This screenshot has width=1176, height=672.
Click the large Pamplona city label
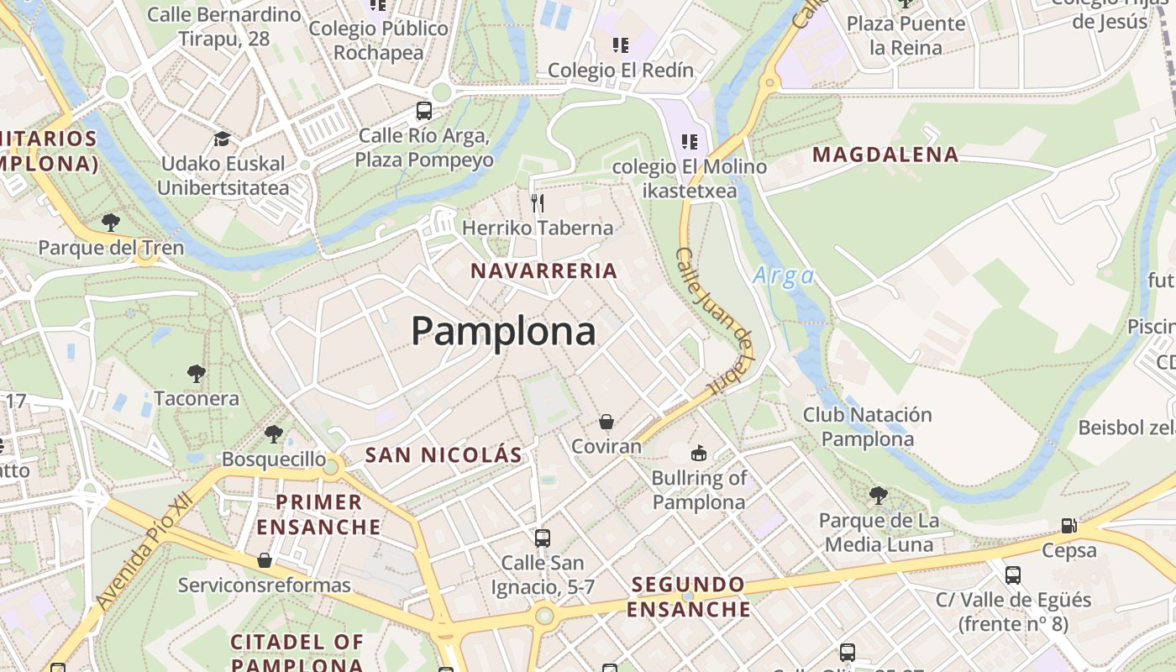(x=503, y=331)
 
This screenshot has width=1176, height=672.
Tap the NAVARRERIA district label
(x=543, y=271)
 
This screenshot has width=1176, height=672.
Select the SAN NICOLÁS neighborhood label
(x=444, y=455)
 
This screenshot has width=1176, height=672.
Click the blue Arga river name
(x=783, y=276)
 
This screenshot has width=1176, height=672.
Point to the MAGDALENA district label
(x=885, y=155)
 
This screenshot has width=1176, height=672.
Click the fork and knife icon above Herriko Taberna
(x=538, y=202)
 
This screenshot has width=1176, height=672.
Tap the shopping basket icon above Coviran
(x=606, y=422)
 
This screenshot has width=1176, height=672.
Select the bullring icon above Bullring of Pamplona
(x=698, y=454)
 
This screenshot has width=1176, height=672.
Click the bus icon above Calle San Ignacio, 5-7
(x=543, y=538)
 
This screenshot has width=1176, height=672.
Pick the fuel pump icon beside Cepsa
(x=1068, y=526)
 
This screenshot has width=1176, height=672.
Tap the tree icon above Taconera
(x=196, y=373)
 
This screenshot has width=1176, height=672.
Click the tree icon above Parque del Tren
(x=110, y=223)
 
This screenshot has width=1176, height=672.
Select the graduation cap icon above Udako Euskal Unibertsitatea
(x=222, y=139)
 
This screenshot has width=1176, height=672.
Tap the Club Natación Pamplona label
(x=867, y=427)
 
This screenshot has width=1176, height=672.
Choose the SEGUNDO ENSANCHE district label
(x=688, y=596)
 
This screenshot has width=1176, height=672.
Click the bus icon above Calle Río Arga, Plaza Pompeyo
(x=424, y=110)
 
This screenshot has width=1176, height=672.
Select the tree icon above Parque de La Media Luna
(x=878, y=496)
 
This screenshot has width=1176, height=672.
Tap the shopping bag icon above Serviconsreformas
(x=265, y=559)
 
